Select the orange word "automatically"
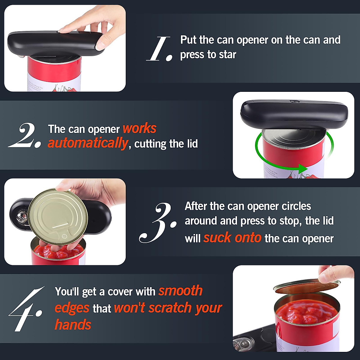pos(88,143)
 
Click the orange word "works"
pos(139,129)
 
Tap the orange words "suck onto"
pos(232,238)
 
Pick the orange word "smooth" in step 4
pos(180,291)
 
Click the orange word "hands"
pos(73,325)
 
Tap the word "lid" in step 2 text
pos(192,144)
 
